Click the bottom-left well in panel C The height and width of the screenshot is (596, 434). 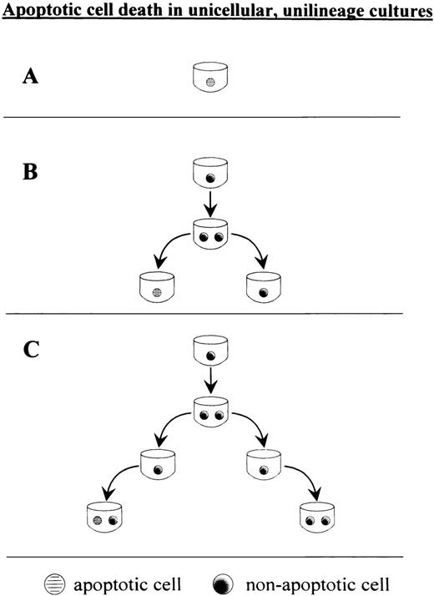(x=105, y=518)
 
